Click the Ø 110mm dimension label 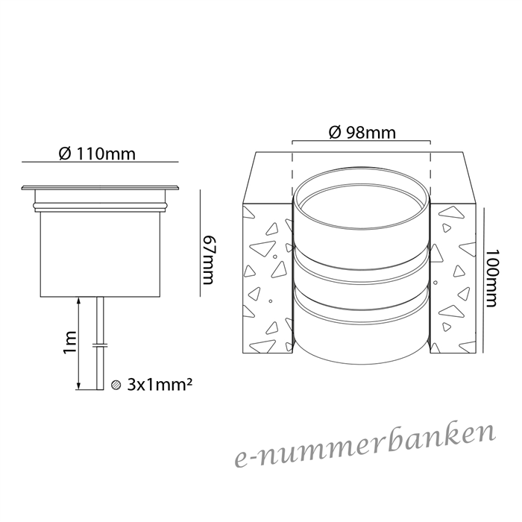[97, 154]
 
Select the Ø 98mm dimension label [362, 133]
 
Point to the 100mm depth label [492, 278]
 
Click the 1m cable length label [71, 342]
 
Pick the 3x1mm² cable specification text [160, 385]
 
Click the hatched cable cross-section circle [116, 385]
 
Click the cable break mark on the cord [100, 345]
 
